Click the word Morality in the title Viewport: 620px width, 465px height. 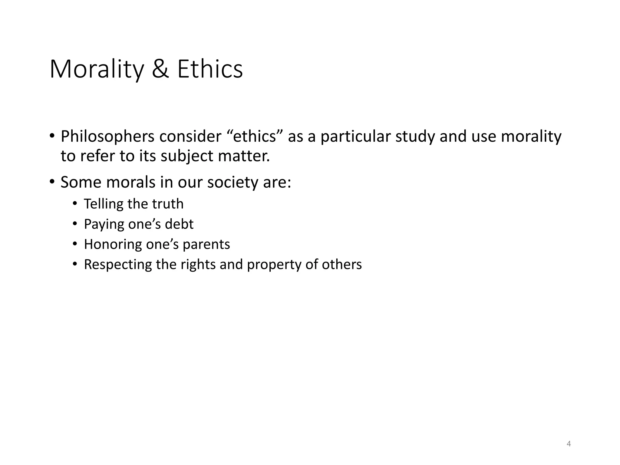97,70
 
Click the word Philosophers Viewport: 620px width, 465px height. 107,137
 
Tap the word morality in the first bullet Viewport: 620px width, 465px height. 531,137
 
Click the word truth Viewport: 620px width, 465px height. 168,204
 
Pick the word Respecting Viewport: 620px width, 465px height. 118,265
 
